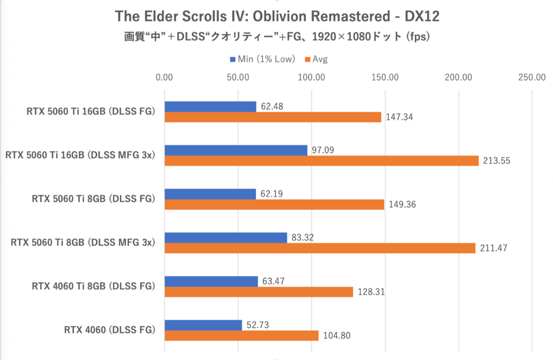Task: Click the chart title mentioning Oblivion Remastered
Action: click(x=276, y=17)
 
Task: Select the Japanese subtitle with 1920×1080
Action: click(x=276, y=37)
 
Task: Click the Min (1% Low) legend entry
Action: click(x=261, y=59)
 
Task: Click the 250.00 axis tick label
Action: click(x=532, y=77)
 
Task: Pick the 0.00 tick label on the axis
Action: click(x=165, y=77)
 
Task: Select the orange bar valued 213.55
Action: click(x=322, y=161)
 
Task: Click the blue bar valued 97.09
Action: click(x=236, y=150)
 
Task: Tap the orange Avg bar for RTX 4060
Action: click(x=241, y=336)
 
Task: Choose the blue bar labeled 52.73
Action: click(x=203, y=325)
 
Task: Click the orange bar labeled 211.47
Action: click(x=320, y=248)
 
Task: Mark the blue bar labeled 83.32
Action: click(x=226, y=237)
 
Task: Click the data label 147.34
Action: click(x=400, y=118)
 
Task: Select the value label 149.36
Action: click(x=402, y=205)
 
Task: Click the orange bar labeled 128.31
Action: click(x=259, y=292)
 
